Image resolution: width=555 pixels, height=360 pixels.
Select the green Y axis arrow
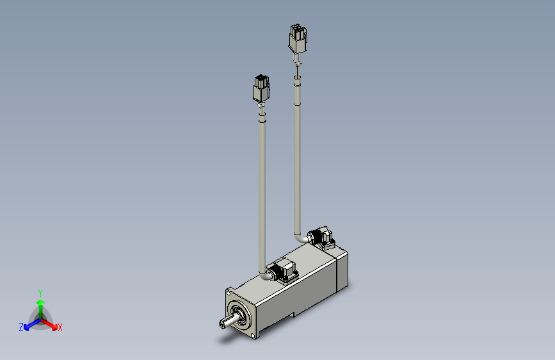point(40,304)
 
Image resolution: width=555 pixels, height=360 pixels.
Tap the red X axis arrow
point(51,324)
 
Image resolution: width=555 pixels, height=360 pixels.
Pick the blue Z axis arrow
point(29,326)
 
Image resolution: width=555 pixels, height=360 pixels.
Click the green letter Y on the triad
point(40,291)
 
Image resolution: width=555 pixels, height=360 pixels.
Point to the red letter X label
point(60,328)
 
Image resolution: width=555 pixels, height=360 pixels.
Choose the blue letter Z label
point(21,327)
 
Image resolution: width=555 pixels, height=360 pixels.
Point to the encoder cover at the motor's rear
point(342,270)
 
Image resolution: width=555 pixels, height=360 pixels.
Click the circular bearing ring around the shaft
point(241,314)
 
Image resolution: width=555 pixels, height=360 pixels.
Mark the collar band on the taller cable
point(296,80)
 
